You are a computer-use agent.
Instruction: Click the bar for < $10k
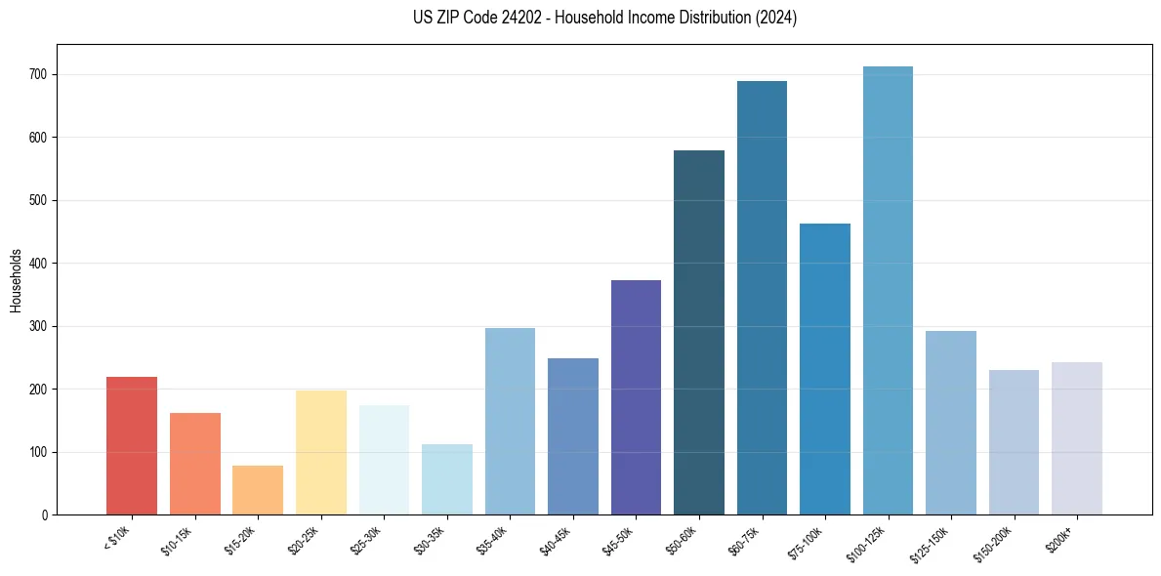point(132,446)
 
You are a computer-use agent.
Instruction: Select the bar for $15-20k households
point(258,490)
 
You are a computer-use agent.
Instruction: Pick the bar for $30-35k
point(446,479)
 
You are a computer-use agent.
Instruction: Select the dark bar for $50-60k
point(699,333)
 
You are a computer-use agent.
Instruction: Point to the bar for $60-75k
point(762,298)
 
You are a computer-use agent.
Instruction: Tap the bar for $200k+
point(1076,438)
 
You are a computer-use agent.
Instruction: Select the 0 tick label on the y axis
point(46,515)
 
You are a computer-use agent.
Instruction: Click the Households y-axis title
point(16,279)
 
